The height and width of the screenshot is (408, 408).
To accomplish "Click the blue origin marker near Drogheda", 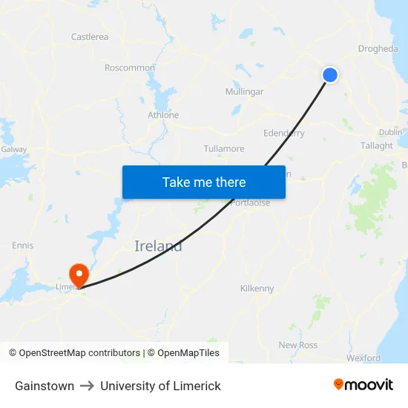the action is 330,75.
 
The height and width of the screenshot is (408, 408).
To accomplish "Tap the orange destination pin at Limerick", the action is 78,273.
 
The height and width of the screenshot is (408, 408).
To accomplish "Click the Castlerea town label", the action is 90,37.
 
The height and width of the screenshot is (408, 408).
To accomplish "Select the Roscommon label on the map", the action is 130,68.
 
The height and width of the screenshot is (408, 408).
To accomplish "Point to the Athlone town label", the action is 163,115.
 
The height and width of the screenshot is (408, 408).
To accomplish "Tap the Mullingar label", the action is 244,92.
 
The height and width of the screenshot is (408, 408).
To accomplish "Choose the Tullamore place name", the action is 224,149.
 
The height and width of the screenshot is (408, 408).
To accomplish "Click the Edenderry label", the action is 284,134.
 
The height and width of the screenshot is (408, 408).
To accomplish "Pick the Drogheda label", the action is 378,50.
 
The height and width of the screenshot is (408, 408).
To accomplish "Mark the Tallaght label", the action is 377,146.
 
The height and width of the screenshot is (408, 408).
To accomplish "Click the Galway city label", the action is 14,149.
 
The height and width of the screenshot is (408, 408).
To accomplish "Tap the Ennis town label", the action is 22,246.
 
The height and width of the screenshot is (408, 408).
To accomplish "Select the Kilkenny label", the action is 257,289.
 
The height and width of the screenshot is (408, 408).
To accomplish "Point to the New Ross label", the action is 297,346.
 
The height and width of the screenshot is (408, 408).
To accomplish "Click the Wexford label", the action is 363,358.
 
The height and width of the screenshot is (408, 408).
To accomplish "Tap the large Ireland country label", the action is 158,246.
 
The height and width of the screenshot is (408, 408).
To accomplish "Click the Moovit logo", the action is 363,385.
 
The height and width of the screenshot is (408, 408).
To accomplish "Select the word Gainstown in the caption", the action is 45,386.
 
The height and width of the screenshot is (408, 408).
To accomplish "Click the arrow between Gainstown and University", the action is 87,386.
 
